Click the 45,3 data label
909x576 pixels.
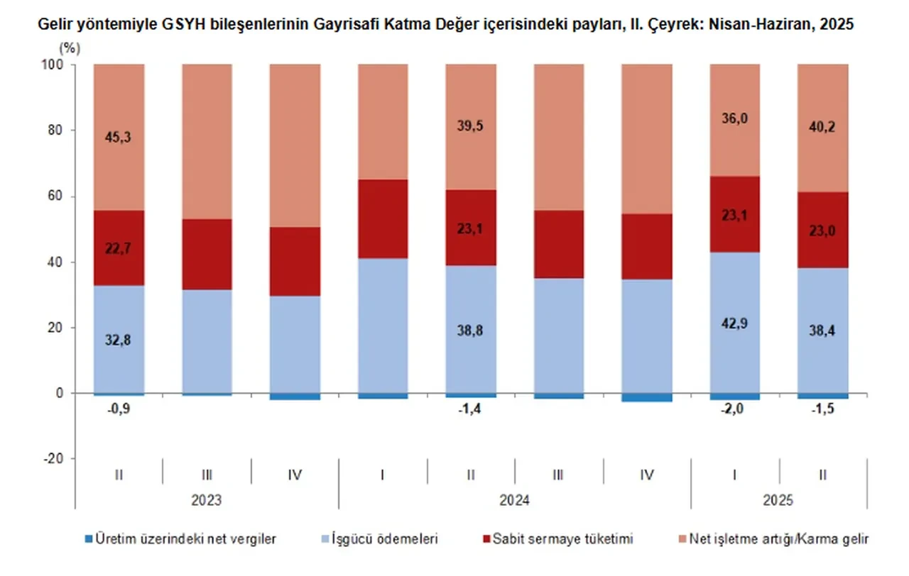tap(119, 137)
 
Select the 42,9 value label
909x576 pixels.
tap(735, 323)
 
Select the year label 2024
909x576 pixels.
tap(514, 500)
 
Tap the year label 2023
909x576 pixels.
tap(206, 500)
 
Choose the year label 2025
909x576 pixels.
tap(779, 500)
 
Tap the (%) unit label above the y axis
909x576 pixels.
tap(70, 48)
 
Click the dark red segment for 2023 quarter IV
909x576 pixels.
tap(295, 261)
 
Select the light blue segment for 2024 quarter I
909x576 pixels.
tap(383, 326)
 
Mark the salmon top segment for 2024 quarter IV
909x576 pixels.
tap(646, 139)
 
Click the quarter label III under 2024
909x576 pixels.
tap(558, 475)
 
